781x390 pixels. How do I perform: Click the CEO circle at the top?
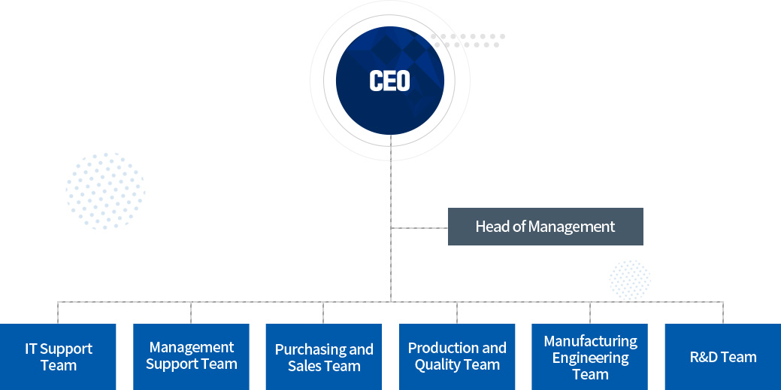pyautogui.click(x=389, y=81)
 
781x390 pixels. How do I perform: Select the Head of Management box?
pyautogui.click(x=545, y=227)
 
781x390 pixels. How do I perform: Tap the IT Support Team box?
pyautogui.click(x=58, y=357)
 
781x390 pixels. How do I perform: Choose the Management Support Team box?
pyautogui.click(x=191, y=357)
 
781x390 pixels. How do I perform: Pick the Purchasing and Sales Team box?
pyautogui.click(x=324, y=357)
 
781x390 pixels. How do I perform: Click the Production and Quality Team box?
pyautogui.click(x=457, y=357)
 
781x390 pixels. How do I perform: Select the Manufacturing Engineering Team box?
pyautogui.click(x=590, y=357)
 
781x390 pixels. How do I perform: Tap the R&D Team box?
pyautogui.click(x=723, y=357)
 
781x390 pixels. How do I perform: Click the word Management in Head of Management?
pyautogui.click(x=572, y=227)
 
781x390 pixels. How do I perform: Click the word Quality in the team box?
pyautogui.click(x=440, y=365)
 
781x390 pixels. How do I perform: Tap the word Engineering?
pyautogui.click(x=590, y=358)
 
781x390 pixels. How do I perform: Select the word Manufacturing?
pyautogui.click(x=590, y=341)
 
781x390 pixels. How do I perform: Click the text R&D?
pyautogui.click(x=704, y=357)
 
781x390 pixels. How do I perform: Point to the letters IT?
pyautogui.click(x=31, y=349)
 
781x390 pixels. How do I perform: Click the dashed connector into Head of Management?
pyautogui.click(x=419, y=227)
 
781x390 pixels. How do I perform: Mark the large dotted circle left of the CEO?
pyautogui.click(x=105, y=190)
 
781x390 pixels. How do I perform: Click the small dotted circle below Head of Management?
pyautogui.click(x=630, y=280)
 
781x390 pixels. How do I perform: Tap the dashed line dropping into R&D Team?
pyautogui.click(x=723, y=312)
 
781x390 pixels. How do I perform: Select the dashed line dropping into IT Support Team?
pyautogui.click(x=58, y=312)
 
